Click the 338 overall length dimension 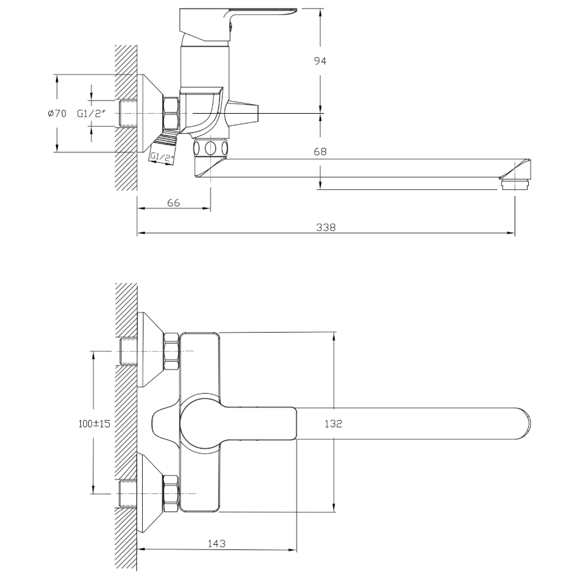pyautogui.click(x=326, y=227)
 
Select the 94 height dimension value pyautogui.click(x=320, y=61)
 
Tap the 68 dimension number pyautogui.click(x=320, y=151)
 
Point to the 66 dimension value pyautogui.click(x=174, y=203)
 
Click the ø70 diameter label pyautogui.click(x=57, y=114)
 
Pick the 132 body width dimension pyautogui.click(x=333, y=424)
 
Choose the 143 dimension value pyautogui.click(x=216, y=544)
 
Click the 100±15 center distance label pyautogui.click(x=95, y=423)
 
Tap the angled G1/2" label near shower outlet pyautogui.click(x=161, y=158)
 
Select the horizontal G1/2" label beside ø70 pyautogui.click(x=91, y=113)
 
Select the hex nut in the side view pyautogui.click(x=171, y=113)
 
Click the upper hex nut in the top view pyautogui.click(x=171, y=351)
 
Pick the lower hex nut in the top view pyautogui.click(x=171, y=493)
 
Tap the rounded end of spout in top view pyautogui.click(x=526, y=423)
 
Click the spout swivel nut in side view pyautogui.click(x=210, y=148)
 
